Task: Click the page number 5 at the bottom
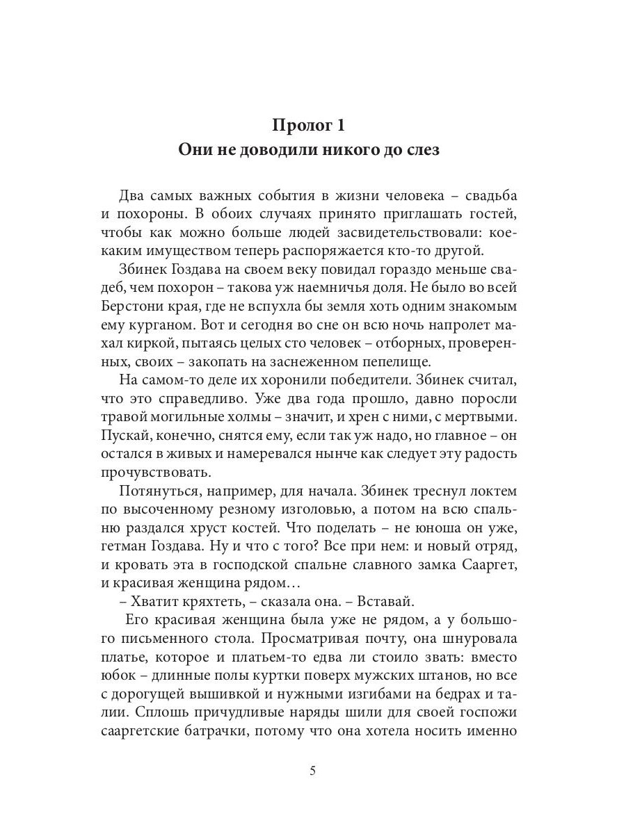coord(313,771)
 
